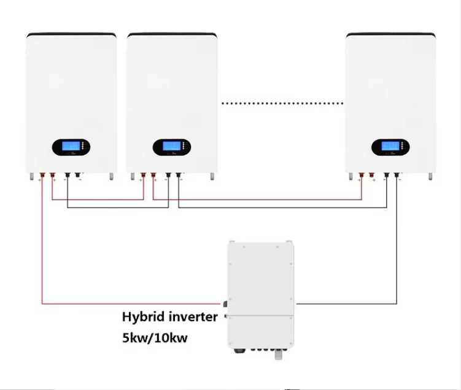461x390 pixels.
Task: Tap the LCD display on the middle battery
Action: (x=171, y=148)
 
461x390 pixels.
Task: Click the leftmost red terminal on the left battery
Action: (x=42, y=176)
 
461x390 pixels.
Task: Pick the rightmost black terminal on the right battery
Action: (x=397, y=176)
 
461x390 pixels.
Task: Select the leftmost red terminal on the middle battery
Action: (x=144, y=176)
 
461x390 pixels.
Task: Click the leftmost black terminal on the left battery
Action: (x=66, y=176)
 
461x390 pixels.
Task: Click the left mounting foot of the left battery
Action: (x=31, y=176)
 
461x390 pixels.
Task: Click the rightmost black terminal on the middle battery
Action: (x=178, y=176)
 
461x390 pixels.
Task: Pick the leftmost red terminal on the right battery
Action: (x=362, y=176)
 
